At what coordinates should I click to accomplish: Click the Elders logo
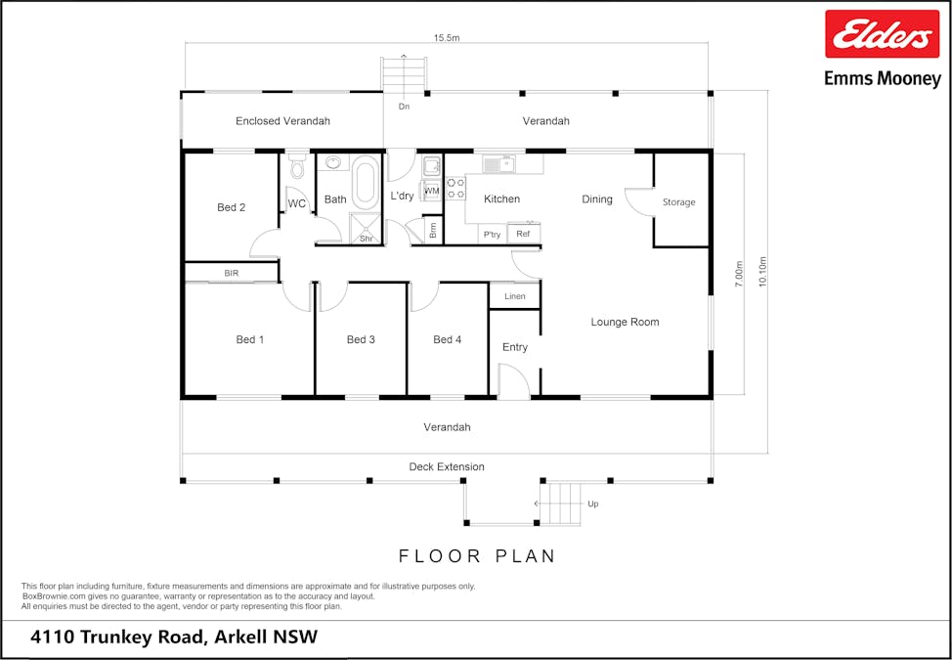(x=883, y=34)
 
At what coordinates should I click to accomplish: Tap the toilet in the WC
(x=297, y=166)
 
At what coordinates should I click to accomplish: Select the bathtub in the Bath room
(x=365, y=181)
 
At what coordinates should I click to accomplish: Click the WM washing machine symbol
(x=432, y=191)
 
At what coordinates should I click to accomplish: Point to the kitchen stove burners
(x=455, y=189)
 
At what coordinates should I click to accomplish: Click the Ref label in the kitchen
(x=523, y=234)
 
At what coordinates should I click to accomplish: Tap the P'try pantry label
(x=492, y=235)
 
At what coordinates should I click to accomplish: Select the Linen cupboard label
(x=515, y=296)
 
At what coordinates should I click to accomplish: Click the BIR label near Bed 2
(x=232, y=273)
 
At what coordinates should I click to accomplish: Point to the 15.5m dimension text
(x=447, y=38)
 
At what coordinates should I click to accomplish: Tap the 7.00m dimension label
(x=739, y=274)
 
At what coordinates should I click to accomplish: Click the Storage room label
(x=678, y=202)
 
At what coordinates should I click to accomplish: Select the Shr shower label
(x=367, y=239)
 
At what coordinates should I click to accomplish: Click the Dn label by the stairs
(x=404, y=107)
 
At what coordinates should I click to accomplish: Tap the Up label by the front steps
(x=592, y=504)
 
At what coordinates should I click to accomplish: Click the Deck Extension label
(x=447, y=467)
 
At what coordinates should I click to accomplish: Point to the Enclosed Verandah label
(x=282, y=121)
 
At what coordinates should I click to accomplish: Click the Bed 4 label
(x=448, y=340)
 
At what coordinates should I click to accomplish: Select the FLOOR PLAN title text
(x=477, y=556)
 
